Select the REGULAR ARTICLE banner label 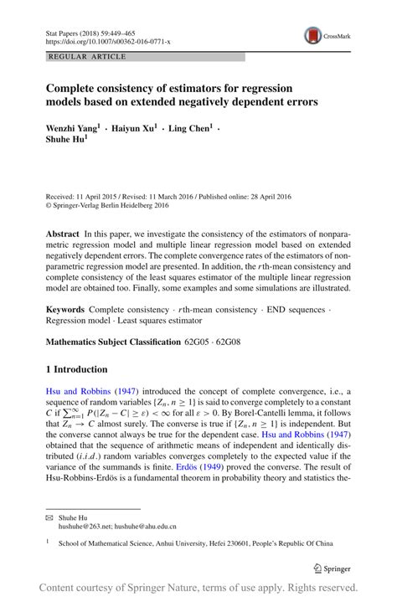(x=88, y=57)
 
